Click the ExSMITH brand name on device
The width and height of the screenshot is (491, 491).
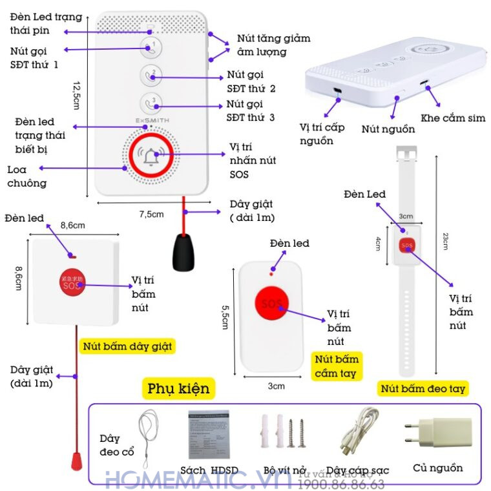(152, 120)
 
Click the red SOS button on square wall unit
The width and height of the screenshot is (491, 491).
(72, 282)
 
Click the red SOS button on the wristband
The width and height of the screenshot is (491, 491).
(406, 245)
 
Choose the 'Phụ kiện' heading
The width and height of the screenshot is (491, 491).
(178, 388)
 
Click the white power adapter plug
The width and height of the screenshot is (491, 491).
(424, 436)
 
